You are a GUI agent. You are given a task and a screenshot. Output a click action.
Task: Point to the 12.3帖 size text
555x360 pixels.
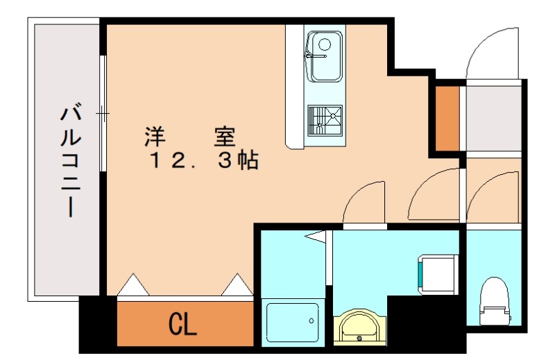[205, 161]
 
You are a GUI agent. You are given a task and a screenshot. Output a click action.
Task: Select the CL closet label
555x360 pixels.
[182, 323]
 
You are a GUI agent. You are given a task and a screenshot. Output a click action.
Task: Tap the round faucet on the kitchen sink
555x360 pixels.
[323, 44]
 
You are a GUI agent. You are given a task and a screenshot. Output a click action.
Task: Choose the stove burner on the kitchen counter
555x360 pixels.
[324, 120]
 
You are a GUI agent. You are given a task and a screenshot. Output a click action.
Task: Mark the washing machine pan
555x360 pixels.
[436, 272]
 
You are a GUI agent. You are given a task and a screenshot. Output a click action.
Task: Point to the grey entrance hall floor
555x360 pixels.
[493, 118]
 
